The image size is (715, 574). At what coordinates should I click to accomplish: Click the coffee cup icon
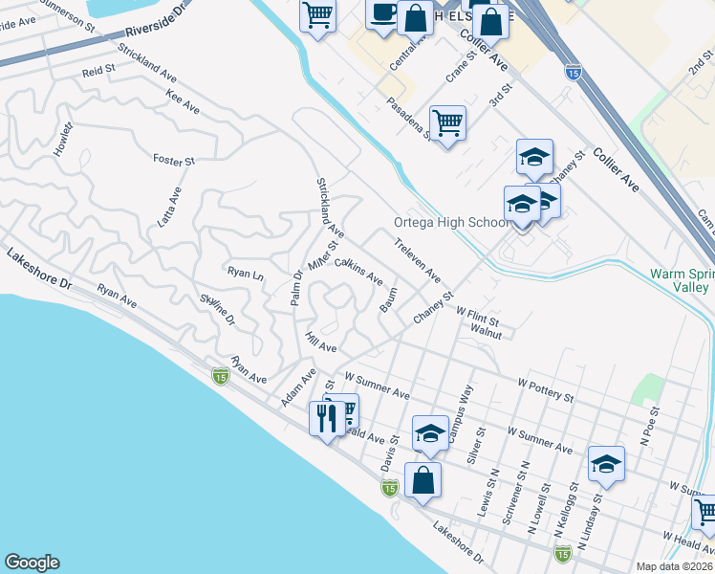(x=383, y=14)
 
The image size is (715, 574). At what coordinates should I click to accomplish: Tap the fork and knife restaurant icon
(x=326, y=417)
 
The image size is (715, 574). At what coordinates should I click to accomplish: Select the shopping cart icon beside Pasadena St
(x=447, y=123)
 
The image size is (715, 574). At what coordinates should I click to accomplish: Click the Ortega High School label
(x=451, y=222)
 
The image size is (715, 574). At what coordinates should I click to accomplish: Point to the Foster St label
(x=173, y=160)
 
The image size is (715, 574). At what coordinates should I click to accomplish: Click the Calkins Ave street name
(x=358, y=272)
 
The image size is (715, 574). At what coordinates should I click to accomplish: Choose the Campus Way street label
(x=461, y=406)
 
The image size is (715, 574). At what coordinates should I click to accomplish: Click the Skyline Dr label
(x=217, y=311)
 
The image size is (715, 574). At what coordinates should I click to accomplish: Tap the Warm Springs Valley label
(x=681, y=279)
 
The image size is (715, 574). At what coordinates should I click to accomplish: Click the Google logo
(x=32, y=563)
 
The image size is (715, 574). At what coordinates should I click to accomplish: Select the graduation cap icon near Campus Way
(x=430, y=434)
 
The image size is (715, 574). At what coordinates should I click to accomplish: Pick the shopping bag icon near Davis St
(x=422, y=480)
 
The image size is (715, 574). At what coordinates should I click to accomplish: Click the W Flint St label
(x=477, y=312)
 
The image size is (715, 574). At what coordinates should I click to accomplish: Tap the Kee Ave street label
(x=182, y=103)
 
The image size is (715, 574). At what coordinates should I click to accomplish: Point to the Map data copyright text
(x=674, y=566)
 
